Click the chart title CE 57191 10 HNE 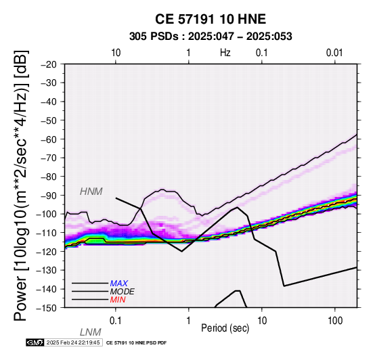pos(211,19)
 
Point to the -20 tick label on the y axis pos(49,64)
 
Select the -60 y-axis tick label pos(49,139)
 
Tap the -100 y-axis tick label pos(47,214)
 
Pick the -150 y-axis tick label pos(47,308)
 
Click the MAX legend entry pos(119,284)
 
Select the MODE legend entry pos(123,292)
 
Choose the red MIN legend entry pos(118,300)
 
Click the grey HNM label pos(91,192)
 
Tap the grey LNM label pos(91,332)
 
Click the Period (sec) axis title pos(225,328)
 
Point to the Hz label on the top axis pos(225,53)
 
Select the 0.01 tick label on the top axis pos(334,53)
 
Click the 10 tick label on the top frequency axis pos(116,53)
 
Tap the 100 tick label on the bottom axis pos(335,321)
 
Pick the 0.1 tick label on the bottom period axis pos(115,321)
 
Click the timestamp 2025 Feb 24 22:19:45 pos(73,343)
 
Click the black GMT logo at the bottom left pos(35,343)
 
